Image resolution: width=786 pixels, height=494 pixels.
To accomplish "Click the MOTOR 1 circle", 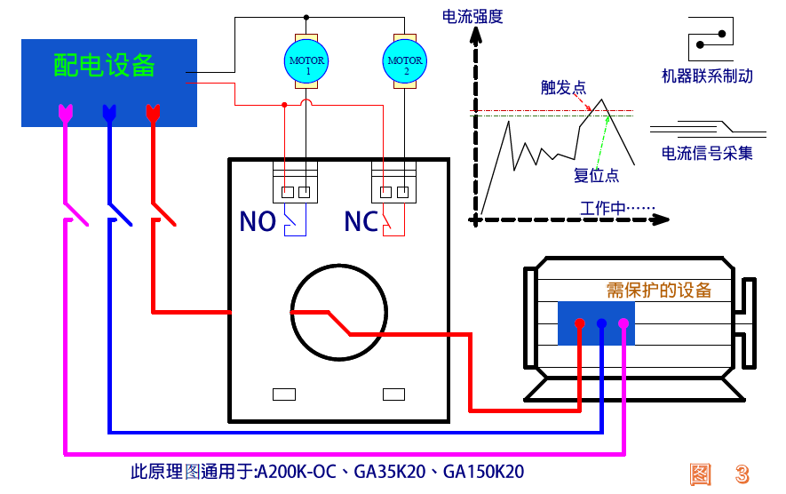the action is click(306, 61).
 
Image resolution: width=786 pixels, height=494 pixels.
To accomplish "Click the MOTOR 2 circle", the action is click(404, 61).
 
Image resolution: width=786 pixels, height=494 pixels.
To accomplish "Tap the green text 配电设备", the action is click(104, 65).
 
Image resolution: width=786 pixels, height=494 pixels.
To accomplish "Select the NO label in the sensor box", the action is click(258, 221).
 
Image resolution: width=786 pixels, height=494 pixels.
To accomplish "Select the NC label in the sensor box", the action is click(361, 221).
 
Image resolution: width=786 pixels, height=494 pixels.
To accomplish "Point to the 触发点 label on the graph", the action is click(563, 88).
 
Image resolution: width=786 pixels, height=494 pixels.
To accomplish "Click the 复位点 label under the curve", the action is click(596, 175).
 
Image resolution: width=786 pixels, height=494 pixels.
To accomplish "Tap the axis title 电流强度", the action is click(472, 17).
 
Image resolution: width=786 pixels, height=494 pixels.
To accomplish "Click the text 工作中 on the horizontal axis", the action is click(602, 208).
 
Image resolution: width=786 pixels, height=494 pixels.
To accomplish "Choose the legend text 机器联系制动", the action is click(707, 76).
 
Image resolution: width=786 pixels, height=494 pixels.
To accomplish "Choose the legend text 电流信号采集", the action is click(707, 153).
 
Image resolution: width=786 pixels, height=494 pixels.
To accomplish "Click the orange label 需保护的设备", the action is click(659, 290).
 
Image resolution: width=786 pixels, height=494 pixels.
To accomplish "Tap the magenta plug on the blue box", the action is click(66, 114).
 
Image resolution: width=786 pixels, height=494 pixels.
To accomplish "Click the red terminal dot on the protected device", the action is click(580, 323).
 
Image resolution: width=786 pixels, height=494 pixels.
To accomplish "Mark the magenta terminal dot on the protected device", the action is click(623, 323).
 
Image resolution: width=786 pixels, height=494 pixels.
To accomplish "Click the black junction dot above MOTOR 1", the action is click(306, 18).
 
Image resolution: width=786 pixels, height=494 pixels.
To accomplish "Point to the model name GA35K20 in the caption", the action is click(390, 472).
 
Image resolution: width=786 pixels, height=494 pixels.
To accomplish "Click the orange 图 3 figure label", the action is click(719, 474).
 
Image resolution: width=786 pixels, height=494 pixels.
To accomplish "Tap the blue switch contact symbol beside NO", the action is click(295, 219).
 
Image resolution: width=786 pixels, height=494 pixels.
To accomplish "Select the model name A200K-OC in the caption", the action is click(297, 472).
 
